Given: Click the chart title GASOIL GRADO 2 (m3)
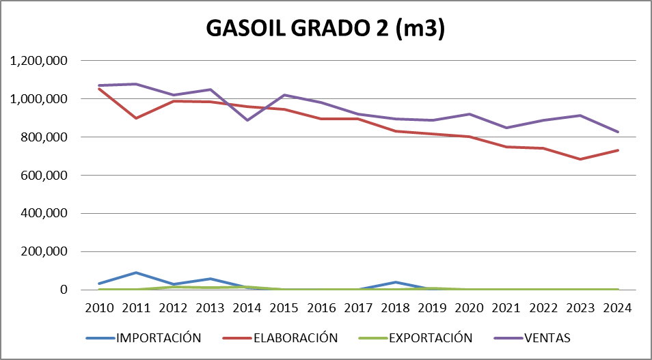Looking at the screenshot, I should pos(326,29).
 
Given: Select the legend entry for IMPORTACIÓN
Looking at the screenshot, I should pos(159,337).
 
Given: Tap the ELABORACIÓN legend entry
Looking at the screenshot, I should pos(296,337).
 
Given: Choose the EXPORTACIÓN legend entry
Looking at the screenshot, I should pos(431,337).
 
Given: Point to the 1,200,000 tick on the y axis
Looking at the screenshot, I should pos(39,61).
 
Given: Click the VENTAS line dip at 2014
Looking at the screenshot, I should pos(248,120).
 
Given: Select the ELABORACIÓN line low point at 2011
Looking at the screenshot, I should pos(137,118).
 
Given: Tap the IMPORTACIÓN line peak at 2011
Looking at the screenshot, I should pos(137,273).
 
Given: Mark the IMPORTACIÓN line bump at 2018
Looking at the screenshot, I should pos(396,282).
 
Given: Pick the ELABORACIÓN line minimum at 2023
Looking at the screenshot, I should pos(581,159).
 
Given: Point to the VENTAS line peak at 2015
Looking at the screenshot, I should pos(285,95).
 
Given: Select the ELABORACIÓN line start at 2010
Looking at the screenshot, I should pos(100,89).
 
